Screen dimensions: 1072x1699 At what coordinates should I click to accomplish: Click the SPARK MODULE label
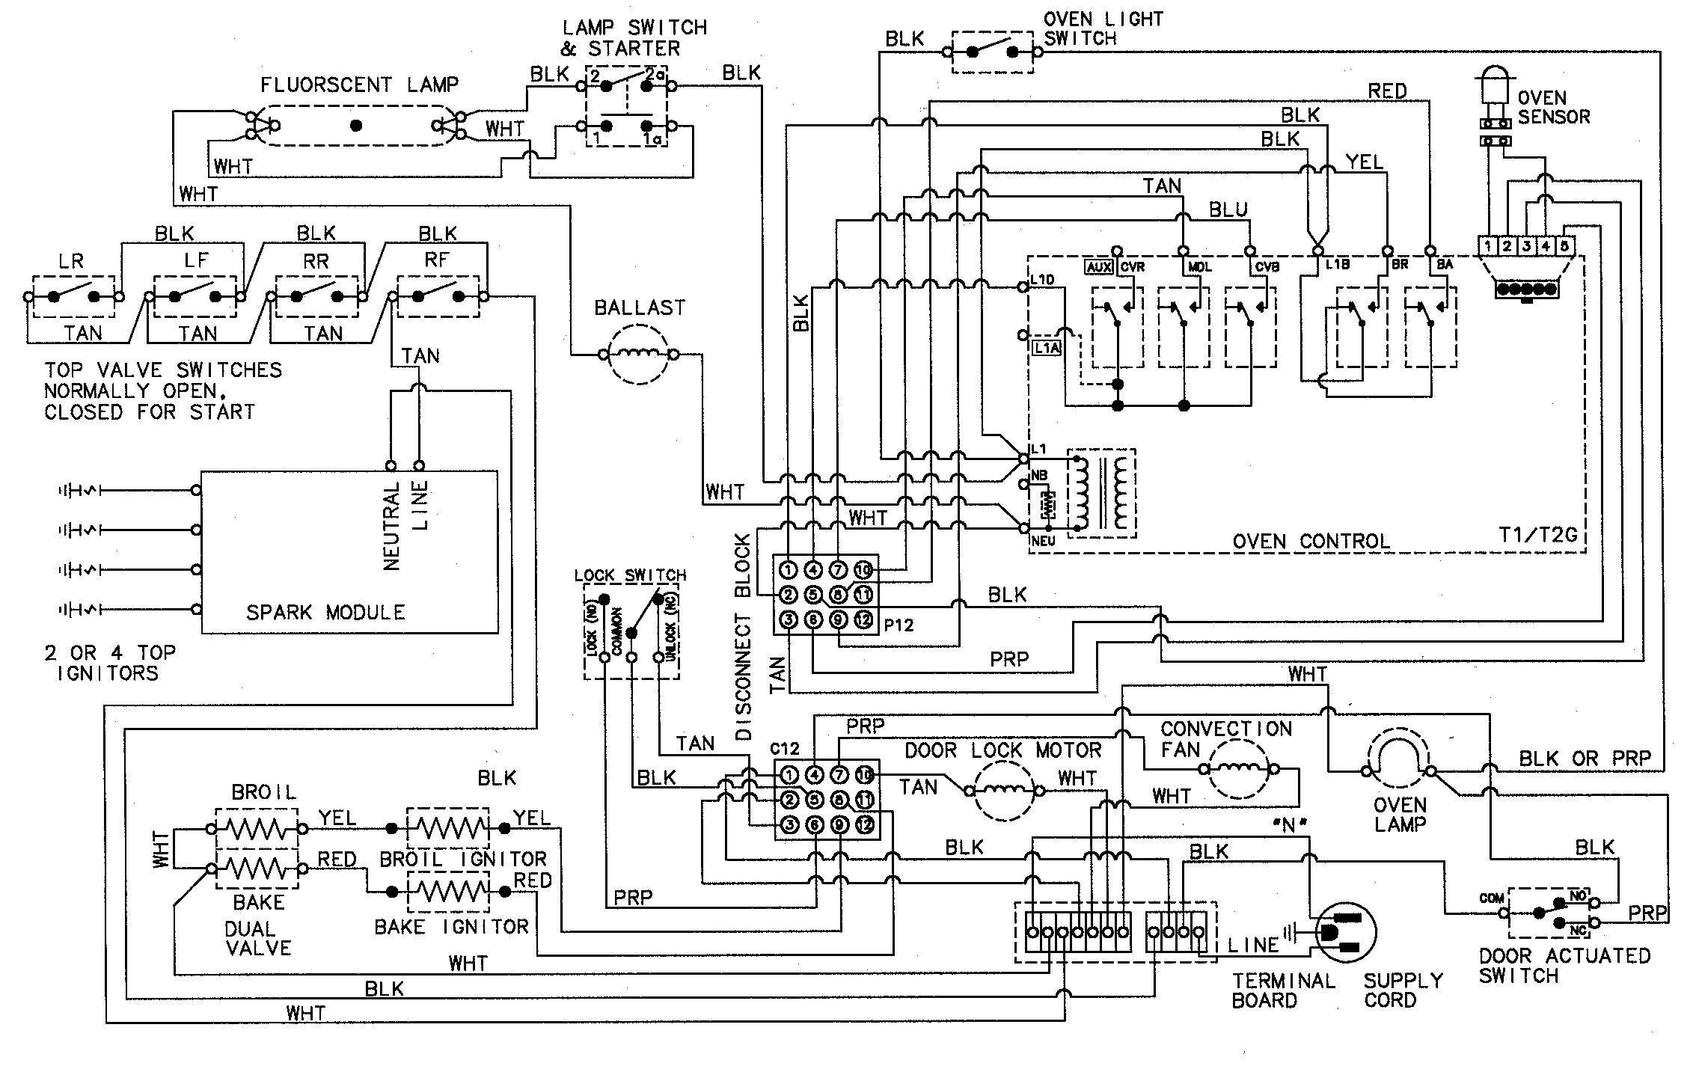pyautogui.click(x=325, y=613)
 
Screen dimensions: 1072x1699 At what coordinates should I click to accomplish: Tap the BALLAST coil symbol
pyautogui.click(x=638, y=355)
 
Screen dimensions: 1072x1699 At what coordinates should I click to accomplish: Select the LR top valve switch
pyautogui.click(x=73, y=297)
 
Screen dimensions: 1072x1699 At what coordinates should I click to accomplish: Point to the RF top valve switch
pyautogui.click(x=438, y=297)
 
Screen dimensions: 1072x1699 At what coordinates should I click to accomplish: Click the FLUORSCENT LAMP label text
pyautogui.click(x=359, y=85)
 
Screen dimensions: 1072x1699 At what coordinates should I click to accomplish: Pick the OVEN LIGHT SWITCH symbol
pyautogui.click(x=992, y=52)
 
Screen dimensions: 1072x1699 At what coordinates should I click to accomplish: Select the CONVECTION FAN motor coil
pyautogui.click(x=1240, y=769)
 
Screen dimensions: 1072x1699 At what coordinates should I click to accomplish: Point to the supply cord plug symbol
pyautogui.click(x=1344, y=932)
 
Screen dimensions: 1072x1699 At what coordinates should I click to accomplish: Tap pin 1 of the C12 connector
pyautogui.click(x=789, y=774)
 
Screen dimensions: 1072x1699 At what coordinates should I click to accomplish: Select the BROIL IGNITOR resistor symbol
pyautogui.click(x=447, y=828)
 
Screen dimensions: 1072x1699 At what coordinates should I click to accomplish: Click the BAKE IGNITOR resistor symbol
pyautogui.click(x=447, y=892)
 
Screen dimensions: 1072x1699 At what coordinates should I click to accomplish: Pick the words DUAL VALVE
pyautogui.click(x=257, y=938)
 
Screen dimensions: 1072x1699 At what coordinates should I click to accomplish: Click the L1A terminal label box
pyautogui.click(x=1046, y=347)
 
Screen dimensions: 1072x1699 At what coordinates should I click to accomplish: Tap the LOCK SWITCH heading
pyautogui.click(x=630, y=575)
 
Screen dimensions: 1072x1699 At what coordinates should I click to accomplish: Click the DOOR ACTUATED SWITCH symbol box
pyautogui.click(x=1549, y=913)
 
